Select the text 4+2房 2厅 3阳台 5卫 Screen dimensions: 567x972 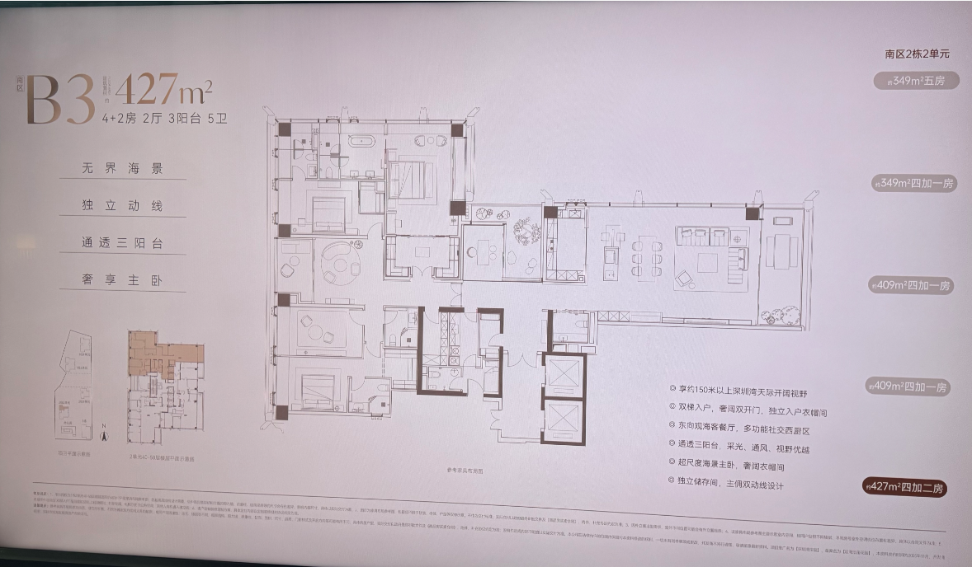[164, 118]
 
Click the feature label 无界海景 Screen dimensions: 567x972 [123, 169]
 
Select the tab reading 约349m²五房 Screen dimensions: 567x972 [915, 81]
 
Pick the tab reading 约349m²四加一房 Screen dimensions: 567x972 [914, 183]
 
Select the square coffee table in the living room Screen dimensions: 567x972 [708, 263]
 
